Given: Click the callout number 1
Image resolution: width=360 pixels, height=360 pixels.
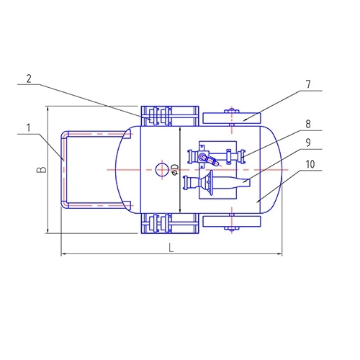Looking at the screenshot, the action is pyautogui.click(x=29, y=127).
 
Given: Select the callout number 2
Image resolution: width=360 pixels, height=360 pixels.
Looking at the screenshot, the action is pyautogui.click(x=29, y=78).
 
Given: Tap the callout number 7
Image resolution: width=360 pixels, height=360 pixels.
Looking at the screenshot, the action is pyautogui.click(x=308, y=84).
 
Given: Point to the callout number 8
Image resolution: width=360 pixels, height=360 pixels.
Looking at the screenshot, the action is pyautogui.click(x=308, y=124).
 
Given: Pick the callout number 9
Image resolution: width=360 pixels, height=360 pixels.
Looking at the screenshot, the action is pyautogui.click(x=308, y=143).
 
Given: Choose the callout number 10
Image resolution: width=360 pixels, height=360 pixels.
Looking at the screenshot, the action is pyautogui.click(x=310, y=164).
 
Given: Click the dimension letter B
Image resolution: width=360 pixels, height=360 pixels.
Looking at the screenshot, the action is pyautogui.click(x=42, y=169).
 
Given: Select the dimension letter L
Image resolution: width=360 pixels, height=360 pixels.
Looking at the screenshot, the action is pyautogui.click(x=171, y=248).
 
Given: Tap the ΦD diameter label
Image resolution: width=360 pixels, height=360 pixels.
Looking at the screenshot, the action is pyautogui.click(x=176, y=169).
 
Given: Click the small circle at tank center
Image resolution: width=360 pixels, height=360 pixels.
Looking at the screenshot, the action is pyautogui.click(x=162, y=170).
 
